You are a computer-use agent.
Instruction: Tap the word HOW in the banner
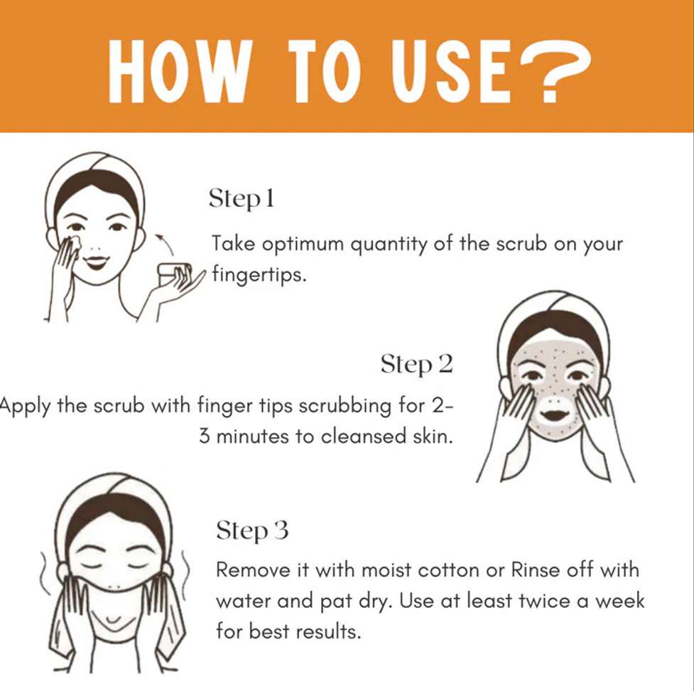coord(178,71)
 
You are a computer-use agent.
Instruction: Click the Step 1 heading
coord(242,198)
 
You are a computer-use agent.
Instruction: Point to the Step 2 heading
coord(417,364)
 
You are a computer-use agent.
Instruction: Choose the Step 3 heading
coord(252,530)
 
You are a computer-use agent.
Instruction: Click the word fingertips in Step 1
coord(259,274)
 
